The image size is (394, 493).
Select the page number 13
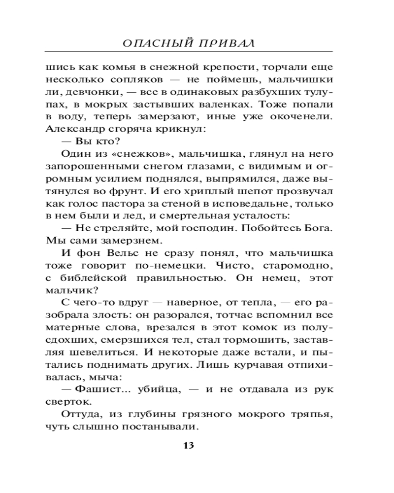(189, 446)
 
